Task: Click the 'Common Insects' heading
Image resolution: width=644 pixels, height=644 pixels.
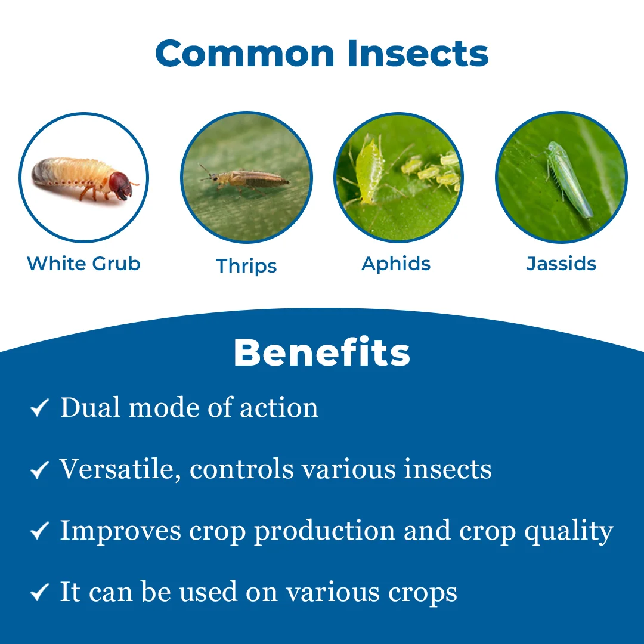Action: (321, 53)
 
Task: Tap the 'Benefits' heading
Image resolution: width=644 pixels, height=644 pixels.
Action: (321, 352)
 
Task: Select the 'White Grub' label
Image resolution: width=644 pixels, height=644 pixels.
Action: (83, 264)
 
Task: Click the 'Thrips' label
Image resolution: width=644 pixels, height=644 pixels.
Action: (246, 266)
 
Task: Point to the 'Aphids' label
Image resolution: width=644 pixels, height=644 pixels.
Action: (396, 264)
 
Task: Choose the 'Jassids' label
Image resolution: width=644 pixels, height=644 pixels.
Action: (561, 264)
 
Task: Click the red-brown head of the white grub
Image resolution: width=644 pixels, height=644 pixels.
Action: (120, 185)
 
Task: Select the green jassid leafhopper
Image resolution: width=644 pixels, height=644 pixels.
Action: (569, 179)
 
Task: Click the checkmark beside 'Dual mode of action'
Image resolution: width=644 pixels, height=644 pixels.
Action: (40, 407)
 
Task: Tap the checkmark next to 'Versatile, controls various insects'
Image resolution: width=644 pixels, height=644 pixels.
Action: (40, 469)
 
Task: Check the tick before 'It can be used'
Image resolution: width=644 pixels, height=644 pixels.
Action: (40, 592)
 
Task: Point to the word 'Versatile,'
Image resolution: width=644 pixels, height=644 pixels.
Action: (120, 469)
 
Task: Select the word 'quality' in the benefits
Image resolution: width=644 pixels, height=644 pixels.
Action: (569, 531)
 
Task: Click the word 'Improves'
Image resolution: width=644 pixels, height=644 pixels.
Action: (120, 531)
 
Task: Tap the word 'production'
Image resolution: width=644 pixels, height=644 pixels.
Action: (325, 531)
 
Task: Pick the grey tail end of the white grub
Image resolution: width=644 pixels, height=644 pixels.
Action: (41, 172)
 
